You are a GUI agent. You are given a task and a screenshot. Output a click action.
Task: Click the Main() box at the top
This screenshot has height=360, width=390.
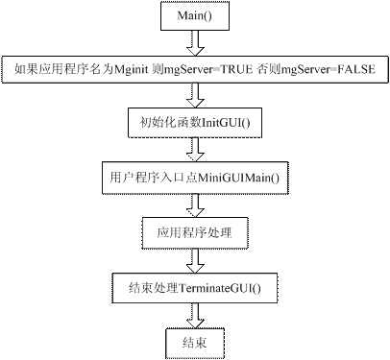click(x=195, y=16)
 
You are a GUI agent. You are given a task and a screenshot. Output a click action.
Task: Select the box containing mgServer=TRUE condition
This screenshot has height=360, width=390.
click(x=194, y=69)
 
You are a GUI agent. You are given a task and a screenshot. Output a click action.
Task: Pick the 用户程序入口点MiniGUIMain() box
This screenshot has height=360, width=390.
click(x=195, y=179)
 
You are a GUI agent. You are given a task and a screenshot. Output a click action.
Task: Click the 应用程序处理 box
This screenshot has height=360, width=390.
click(x=195, y=232)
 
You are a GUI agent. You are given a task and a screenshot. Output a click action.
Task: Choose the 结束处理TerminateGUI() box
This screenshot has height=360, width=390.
click(x=195, y=287)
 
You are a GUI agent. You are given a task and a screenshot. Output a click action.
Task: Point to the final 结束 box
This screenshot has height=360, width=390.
click(x=195, y=341)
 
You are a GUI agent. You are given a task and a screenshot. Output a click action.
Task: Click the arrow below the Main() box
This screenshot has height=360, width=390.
click(x=195, y=42)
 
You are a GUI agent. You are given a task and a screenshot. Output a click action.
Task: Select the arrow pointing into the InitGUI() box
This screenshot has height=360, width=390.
click(x=195, y=96)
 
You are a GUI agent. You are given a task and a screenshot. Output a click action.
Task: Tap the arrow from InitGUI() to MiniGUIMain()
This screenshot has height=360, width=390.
click(x=195, y=151)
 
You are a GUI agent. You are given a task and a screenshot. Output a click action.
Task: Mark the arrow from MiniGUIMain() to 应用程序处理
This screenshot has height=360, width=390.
click(x=195, y=205)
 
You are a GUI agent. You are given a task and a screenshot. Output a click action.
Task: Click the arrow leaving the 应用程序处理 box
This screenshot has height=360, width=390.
click(x=195, y=259)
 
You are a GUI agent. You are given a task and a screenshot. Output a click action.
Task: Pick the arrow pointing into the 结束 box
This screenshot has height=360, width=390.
click(x=195, y=314)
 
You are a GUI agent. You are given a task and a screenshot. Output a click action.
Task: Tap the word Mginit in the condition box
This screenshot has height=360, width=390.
click(x=132, y=69)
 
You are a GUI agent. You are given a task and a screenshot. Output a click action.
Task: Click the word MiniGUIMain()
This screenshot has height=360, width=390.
click(x=237, y=179)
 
